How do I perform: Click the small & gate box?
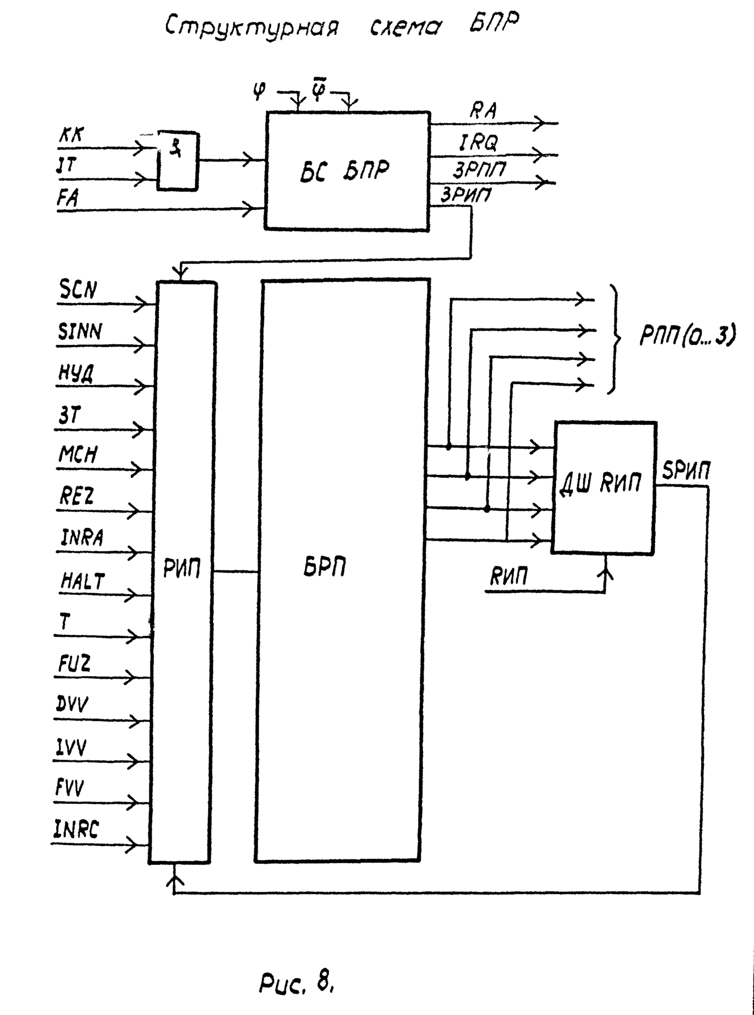click(178, 161)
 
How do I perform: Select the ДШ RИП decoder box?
click(605, 487)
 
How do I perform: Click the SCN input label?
click(78, 290)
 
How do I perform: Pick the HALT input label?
click(82, 581)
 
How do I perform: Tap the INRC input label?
click(76, 829)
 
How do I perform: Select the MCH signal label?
click(78, 455)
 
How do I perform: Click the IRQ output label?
click(478, 143)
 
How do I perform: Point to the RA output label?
click(483, 111)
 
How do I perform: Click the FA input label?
click(68, 197)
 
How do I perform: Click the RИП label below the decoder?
click(509, 577)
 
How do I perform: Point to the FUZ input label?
click(74, 664)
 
